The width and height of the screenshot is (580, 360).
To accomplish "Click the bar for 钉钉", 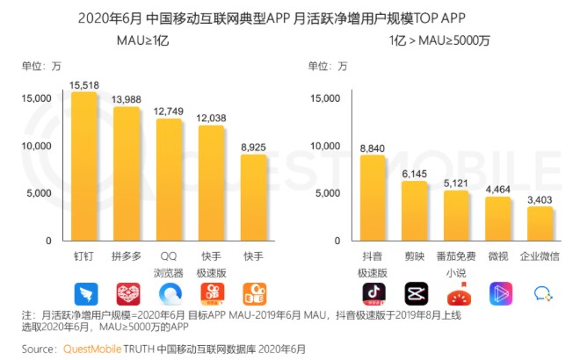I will pos(83,167).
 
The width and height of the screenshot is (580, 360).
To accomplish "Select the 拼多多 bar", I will pos(127,174).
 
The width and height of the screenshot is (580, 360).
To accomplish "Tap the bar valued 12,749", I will pos(169,180).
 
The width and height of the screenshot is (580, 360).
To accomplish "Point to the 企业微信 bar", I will pos(540,223).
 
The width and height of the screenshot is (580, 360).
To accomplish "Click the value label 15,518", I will pos(83,83).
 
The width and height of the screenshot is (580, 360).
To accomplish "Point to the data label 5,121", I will pos(456,183).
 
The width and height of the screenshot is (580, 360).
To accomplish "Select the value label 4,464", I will pos(498,189).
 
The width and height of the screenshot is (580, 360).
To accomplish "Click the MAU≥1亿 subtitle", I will pos(143,40).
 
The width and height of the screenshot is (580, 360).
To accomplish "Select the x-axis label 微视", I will pos(498,256).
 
